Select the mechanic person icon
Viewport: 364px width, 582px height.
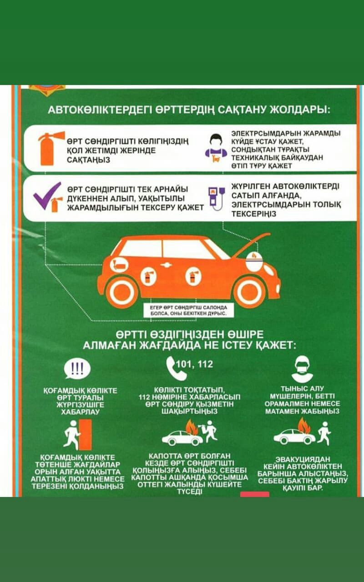click(x=216, y=148)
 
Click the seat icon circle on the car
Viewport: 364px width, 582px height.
click(x=119, y=265)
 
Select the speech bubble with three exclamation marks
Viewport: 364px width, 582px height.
click(x=77, y=369)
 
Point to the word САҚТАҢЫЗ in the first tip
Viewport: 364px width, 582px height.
click(x=89, y=160)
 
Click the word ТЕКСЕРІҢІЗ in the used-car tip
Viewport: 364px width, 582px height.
click(x=254, y=214)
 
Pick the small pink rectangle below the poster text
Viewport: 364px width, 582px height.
click(x=254, y=494)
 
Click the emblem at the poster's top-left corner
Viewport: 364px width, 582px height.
click(x=47, y=90)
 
